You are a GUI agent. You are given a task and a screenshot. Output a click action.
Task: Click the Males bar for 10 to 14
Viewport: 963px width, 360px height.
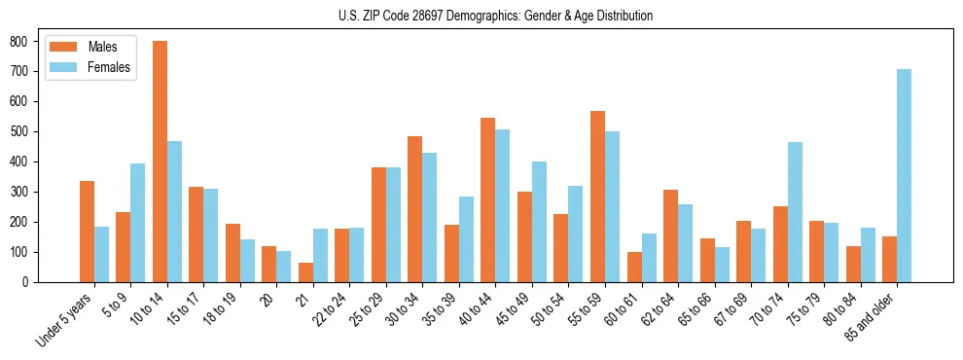click(x=160, y=162)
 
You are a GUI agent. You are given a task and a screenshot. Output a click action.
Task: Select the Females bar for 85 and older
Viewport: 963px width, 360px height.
click(x=904, y=175)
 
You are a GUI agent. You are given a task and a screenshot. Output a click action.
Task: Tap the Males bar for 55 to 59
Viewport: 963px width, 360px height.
click(x=597, y=197)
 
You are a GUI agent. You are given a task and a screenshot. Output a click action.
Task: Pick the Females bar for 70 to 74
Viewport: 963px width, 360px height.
click(x=795, y=212)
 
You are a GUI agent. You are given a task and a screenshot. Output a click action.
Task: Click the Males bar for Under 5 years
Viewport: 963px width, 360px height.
click(x=87, y=232)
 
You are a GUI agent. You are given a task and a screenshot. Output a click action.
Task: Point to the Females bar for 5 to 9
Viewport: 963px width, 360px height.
click(x=138, y=223)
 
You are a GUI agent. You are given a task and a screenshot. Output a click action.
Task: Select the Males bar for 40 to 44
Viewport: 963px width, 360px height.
click(x=488, y=199)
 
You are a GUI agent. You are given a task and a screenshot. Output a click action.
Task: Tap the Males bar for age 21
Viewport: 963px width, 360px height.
click(x=305, y=272)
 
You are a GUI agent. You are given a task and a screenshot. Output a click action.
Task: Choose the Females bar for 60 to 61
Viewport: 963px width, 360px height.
click(x=649, y=258)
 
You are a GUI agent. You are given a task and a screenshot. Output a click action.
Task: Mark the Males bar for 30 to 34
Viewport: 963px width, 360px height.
click(x=415, y=209)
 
